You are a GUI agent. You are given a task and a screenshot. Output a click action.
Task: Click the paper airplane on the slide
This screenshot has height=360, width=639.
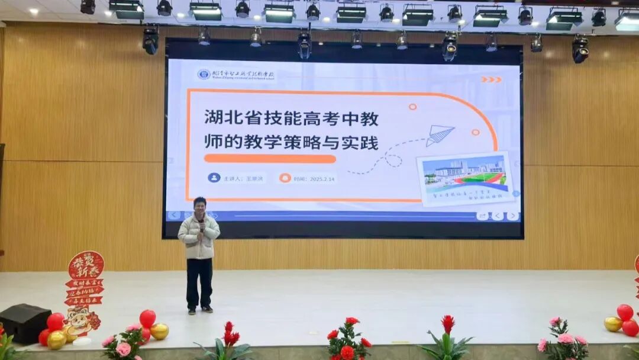(440, 135)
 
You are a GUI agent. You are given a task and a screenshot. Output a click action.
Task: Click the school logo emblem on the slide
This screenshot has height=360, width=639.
(204, 74)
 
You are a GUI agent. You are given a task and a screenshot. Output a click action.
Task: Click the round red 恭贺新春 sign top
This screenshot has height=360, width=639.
(86, 265)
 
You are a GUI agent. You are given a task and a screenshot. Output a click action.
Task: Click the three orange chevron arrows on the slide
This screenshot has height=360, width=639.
(491, 79)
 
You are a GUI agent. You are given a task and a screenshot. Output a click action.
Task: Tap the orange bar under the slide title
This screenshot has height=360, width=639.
(270, 159)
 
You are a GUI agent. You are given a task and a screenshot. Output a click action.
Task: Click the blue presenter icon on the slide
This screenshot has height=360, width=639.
(214, 178)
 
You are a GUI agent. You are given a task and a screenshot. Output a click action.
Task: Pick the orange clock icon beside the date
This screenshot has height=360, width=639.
(285, 178)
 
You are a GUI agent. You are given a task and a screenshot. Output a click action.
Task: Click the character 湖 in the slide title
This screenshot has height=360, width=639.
(212, 118)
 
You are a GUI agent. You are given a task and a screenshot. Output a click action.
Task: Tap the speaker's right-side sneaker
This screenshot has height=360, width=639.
(207, 309)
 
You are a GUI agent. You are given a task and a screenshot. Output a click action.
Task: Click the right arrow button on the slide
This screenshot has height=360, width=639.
(512, 216)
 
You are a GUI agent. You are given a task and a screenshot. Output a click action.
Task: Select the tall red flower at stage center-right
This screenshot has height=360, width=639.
(448, 324)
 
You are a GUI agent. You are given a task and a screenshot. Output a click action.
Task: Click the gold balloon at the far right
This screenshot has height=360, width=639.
(613, 324)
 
